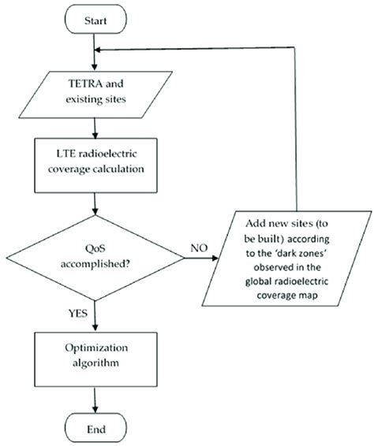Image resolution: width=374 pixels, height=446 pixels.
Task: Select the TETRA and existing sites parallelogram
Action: tap(95, 93)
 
